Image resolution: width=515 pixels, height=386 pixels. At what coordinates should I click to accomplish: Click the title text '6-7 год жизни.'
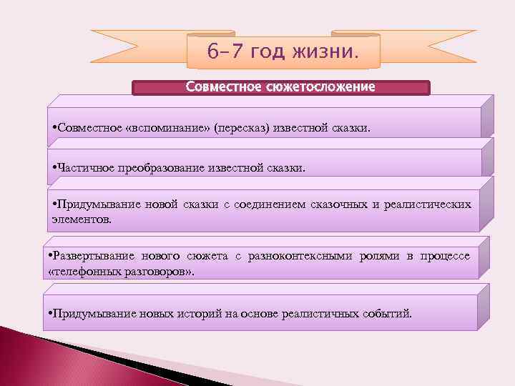click(x=283, y=51)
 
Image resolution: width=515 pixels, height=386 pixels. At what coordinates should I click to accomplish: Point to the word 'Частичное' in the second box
click(x=82, y=168)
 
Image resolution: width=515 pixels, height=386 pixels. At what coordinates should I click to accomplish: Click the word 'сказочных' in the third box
click(x=339, y=205)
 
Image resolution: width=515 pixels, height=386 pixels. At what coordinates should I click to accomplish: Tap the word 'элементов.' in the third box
click(x=81, y=219)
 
